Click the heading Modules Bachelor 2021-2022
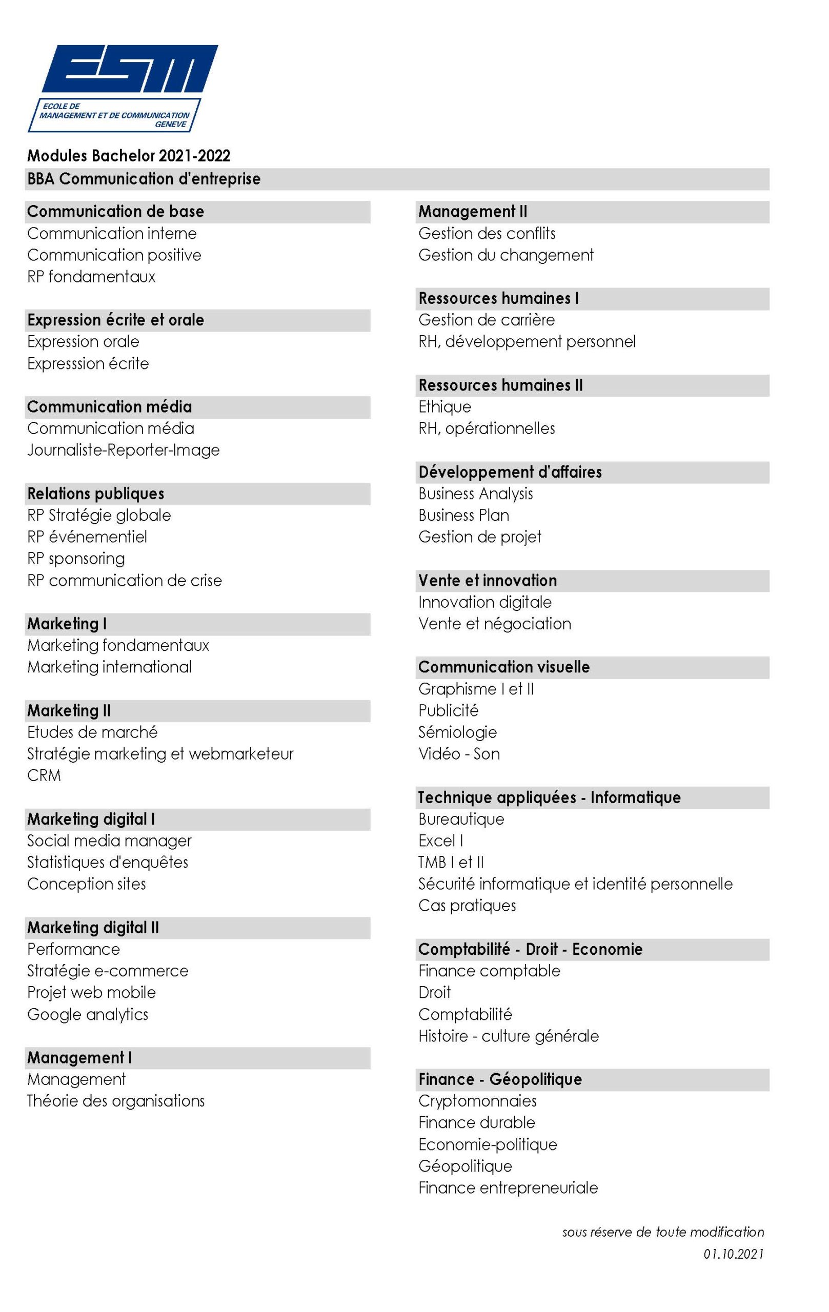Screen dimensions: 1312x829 pyautogui.click(x=129, y=156)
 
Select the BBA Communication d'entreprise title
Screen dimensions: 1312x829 pyautogui.click(x=144, y=179)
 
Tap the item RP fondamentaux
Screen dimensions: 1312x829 pyautogui.click(x=91, y=277)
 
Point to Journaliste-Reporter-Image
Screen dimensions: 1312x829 pyautogui.click(x=123, y=450)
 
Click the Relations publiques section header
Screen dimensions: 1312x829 pyautogui.click(x=96, y=494)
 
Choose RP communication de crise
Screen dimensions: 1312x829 pyautogui.click(x=124, y=580)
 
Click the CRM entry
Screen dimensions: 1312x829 pyautogui.click(x=44, y=775)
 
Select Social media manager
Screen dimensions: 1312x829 pyautogui.click(x=109, y=840)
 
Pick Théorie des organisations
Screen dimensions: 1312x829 pyautogui.click(x=115, y=1101)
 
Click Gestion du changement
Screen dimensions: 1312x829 pyautogui.click(x=506, y=255)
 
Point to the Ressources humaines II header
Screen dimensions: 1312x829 pyautogui.click(x=500, y=385)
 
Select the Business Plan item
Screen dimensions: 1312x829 pyautogui.click(x=464, y=516)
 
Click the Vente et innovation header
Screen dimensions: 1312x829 pyautogui.click(x=487, y=580)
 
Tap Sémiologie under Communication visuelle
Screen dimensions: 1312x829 pyautogui.click(x=457, y=732)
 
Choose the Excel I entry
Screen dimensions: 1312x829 pyautogui.click(x=440, y=840)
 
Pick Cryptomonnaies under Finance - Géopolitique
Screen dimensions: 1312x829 pyautogui.click(x=477, y=1101)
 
